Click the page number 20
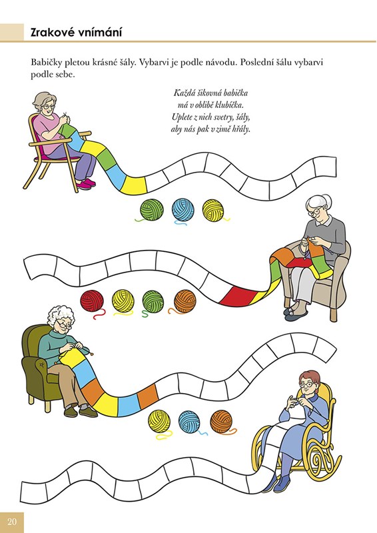pos(12,522)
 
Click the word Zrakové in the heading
pos(52,33)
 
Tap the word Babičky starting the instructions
pos(45,63)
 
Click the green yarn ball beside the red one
pos(153,302)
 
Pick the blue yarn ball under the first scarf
pos(183,211)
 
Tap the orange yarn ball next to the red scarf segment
pos(185,302)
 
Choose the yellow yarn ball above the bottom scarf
pos(159,422)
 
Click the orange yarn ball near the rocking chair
pos(222,422)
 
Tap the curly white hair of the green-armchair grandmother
pos(61,314)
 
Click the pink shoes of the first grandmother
pos(86,184)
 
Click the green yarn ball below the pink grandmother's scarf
pos(151,210)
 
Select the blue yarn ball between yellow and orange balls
pos(189,422)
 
